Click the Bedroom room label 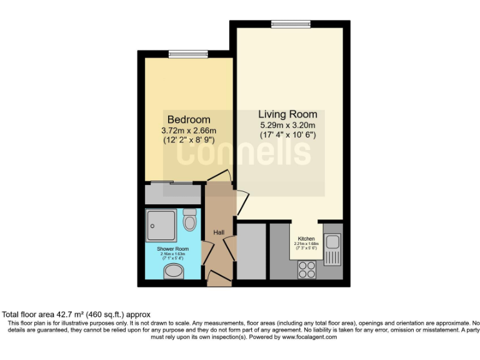pos(189,119)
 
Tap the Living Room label pos(287,114)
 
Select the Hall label pos(219,232)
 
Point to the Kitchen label pos(306,239)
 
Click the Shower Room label pos(169,249)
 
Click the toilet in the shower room pos(190,221)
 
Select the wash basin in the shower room pos(172,272)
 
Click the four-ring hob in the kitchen pos(307,269)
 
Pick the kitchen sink pos(333,242)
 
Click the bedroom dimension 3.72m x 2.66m pos(189,131)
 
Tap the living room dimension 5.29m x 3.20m pos(288,125)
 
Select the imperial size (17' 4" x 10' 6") pos(288,135)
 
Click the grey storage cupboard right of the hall pos(252,251)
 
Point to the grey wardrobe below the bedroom pos(172,194)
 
